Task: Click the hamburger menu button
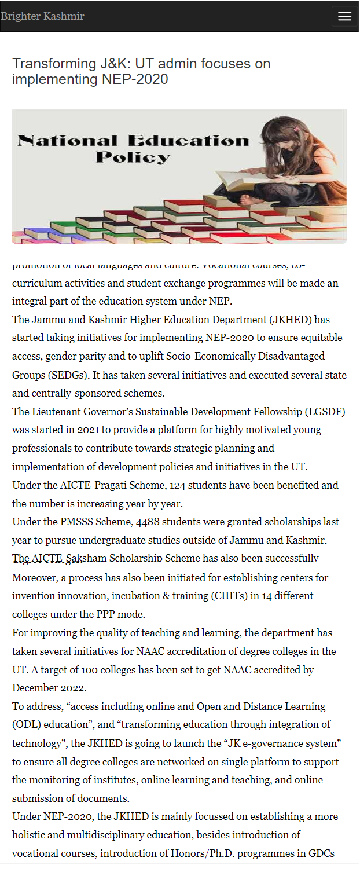[344, 16]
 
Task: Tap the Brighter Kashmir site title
[43, 16]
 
